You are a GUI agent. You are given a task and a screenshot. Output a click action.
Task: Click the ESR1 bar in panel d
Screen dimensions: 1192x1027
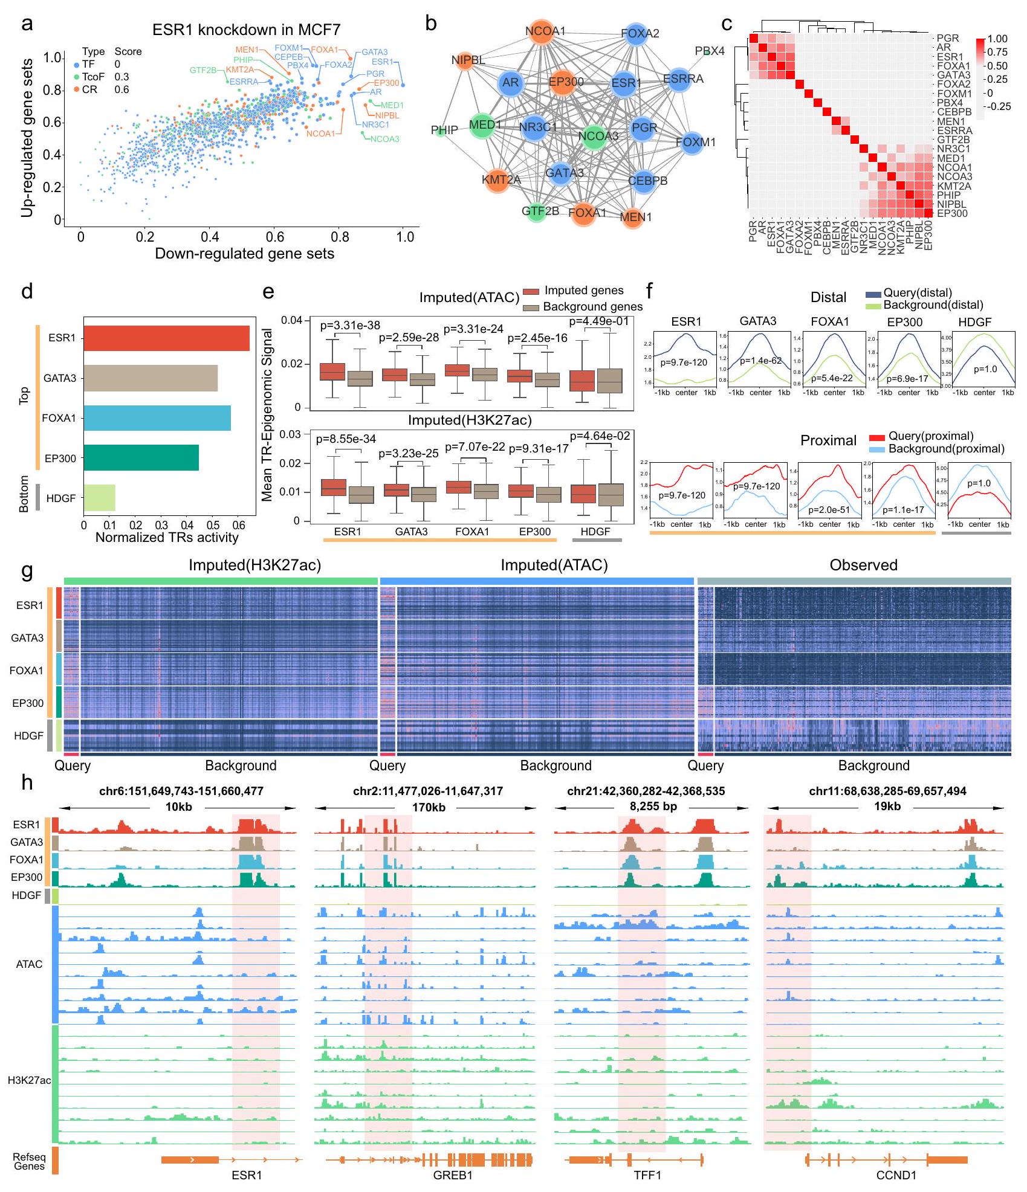point(166,338)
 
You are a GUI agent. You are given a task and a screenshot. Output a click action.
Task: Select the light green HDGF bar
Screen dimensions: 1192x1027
point(99,498)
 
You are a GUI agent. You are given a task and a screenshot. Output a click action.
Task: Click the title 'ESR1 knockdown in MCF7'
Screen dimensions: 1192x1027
point(246,30)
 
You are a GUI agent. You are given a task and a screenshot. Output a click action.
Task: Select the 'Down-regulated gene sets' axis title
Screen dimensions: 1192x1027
point(244,254)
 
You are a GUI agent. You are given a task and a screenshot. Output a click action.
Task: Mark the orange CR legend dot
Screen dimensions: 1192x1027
point(76,89)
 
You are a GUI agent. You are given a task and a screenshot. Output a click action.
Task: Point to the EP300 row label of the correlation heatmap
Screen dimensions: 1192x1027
point(952,214)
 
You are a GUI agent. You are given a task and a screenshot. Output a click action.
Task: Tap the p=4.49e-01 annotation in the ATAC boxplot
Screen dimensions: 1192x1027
point(598,321)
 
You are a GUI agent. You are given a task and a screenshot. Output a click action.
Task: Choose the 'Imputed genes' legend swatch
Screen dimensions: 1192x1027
point(530,292)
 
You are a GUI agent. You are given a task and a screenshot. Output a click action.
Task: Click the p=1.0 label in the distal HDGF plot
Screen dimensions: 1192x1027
point(985,369)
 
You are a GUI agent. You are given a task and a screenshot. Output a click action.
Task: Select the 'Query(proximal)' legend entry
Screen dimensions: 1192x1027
point(930,436)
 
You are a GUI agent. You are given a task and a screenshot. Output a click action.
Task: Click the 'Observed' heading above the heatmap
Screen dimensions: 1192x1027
point(863,565)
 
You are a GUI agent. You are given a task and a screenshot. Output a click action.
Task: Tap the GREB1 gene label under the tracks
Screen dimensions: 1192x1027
point(453,1175)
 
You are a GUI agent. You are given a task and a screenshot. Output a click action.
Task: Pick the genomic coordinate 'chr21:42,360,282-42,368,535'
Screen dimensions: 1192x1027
point(646,791)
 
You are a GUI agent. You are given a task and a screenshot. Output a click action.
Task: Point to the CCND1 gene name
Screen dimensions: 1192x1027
point(896,1175)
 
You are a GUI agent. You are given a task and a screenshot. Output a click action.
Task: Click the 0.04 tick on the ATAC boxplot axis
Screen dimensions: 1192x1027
point(293,320)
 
